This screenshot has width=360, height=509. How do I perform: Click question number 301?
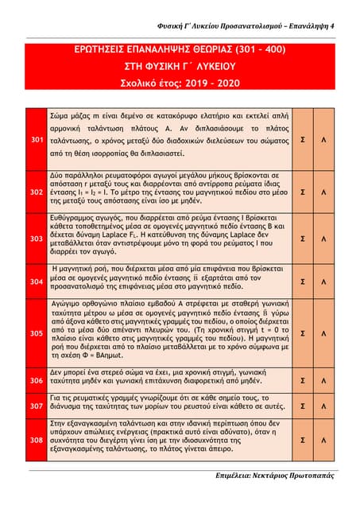(x=37, y=139)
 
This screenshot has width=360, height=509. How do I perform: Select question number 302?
(x=37, y=192)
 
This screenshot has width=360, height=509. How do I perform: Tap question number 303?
(x=37, y=238)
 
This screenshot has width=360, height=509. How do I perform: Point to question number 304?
(x=37, y=282)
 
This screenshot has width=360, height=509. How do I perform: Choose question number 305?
(x=37, y=333)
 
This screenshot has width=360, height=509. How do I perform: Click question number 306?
(x=37, y=381)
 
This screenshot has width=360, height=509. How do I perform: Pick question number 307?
(x=37, y=405)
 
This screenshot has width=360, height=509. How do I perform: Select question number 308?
(x=37, y=438)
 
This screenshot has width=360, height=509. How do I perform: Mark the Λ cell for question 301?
(x=323, y=139)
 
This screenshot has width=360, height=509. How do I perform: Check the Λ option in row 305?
(x=323, y=333)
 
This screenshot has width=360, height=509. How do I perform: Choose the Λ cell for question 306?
(x=323, y=381)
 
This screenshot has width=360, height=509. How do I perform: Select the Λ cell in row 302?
(x=323, y=192)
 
